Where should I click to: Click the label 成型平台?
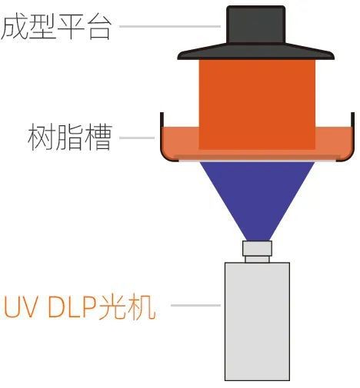pyautogui.click(x=56, y=27)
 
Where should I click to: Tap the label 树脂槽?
pyautogui.click(x=70, y=138)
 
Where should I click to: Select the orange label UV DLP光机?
pyautogui.click(x=80, y=307)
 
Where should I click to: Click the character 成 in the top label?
pyautogui.click(x=15, y=27)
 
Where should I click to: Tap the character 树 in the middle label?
pyautogui.click(x=41, y=138)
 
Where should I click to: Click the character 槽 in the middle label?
pyautogui.click(x=98, y=138)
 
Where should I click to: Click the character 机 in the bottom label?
pyautogui.click(x=142, y=307)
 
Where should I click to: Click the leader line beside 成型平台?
pyautogui.click(x=170, y=26)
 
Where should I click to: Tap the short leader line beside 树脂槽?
pyautogui.click(x=137, y=138)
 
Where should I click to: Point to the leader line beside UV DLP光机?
pyautogui.click(x=195, y=305)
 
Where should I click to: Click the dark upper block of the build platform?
pyautogui.click(x=256, y=25)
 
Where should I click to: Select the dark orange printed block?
pyautogui.click(x=257, y=104)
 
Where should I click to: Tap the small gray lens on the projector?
pyautogui.click(x=257, y=251)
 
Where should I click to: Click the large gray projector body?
pyautogui.click(x=257, y=321)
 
